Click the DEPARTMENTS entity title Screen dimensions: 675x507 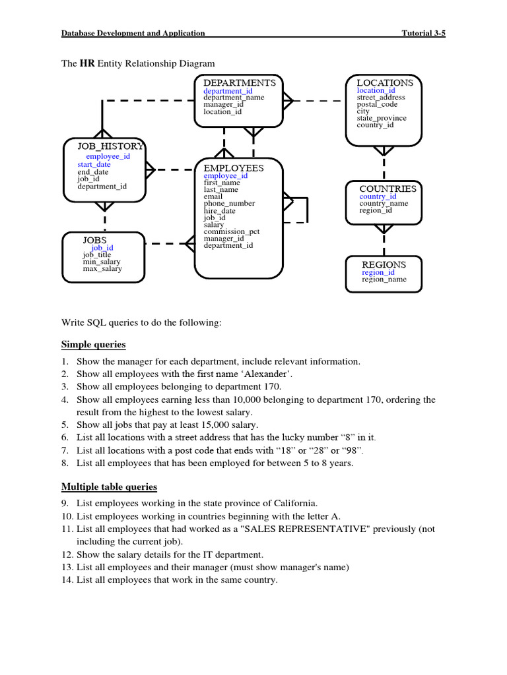pyautogui.click(x=240, y=82)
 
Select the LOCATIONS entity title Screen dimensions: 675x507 pyautogui.click(x=385, y=82)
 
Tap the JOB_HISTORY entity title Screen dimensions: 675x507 pyautogui.click(x=110, y=146)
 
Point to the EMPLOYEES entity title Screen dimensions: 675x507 pyautogui.click(x=234, y=168)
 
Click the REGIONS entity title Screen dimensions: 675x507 pyautogui.click(x=384, y=264)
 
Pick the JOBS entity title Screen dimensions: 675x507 pyautogui.click(x=94, y=240)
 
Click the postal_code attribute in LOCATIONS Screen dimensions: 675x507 pyautogui.click(x=377, y=104)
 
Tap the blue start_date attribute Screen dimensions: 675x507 pyautogui.click(x=94, y=164)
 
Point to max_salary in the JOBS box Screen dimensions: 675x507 pyautogui.click(x=102, y=268)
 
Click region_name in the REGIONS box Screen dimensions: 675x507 pyautogui.click(x=384, y=279)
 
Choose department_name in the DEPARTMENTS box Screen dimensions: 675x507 pyautogui.click(x=234, y=97)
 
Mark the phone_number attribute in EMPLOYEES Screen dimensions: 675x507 pyautogui.click(x=229, y=204)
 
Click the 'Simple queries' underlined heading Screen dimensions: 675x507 pyautogui.click(x=94, y=345)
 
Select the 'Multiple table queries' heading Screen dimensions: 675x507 pyautogui.click(x=110, y=487)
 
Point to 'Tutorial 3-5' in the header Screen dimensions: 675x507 pyautogui.click(x=424, y=33)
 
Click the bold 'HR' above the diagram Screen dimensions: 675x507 pyautogui.click(x=87, y=64)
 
